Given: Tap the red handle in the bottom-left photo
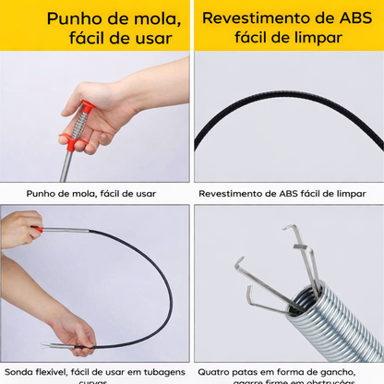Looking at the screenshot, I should coord(35,227).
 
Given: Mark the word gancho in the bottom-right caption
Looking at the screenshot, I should coord(340,372).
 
